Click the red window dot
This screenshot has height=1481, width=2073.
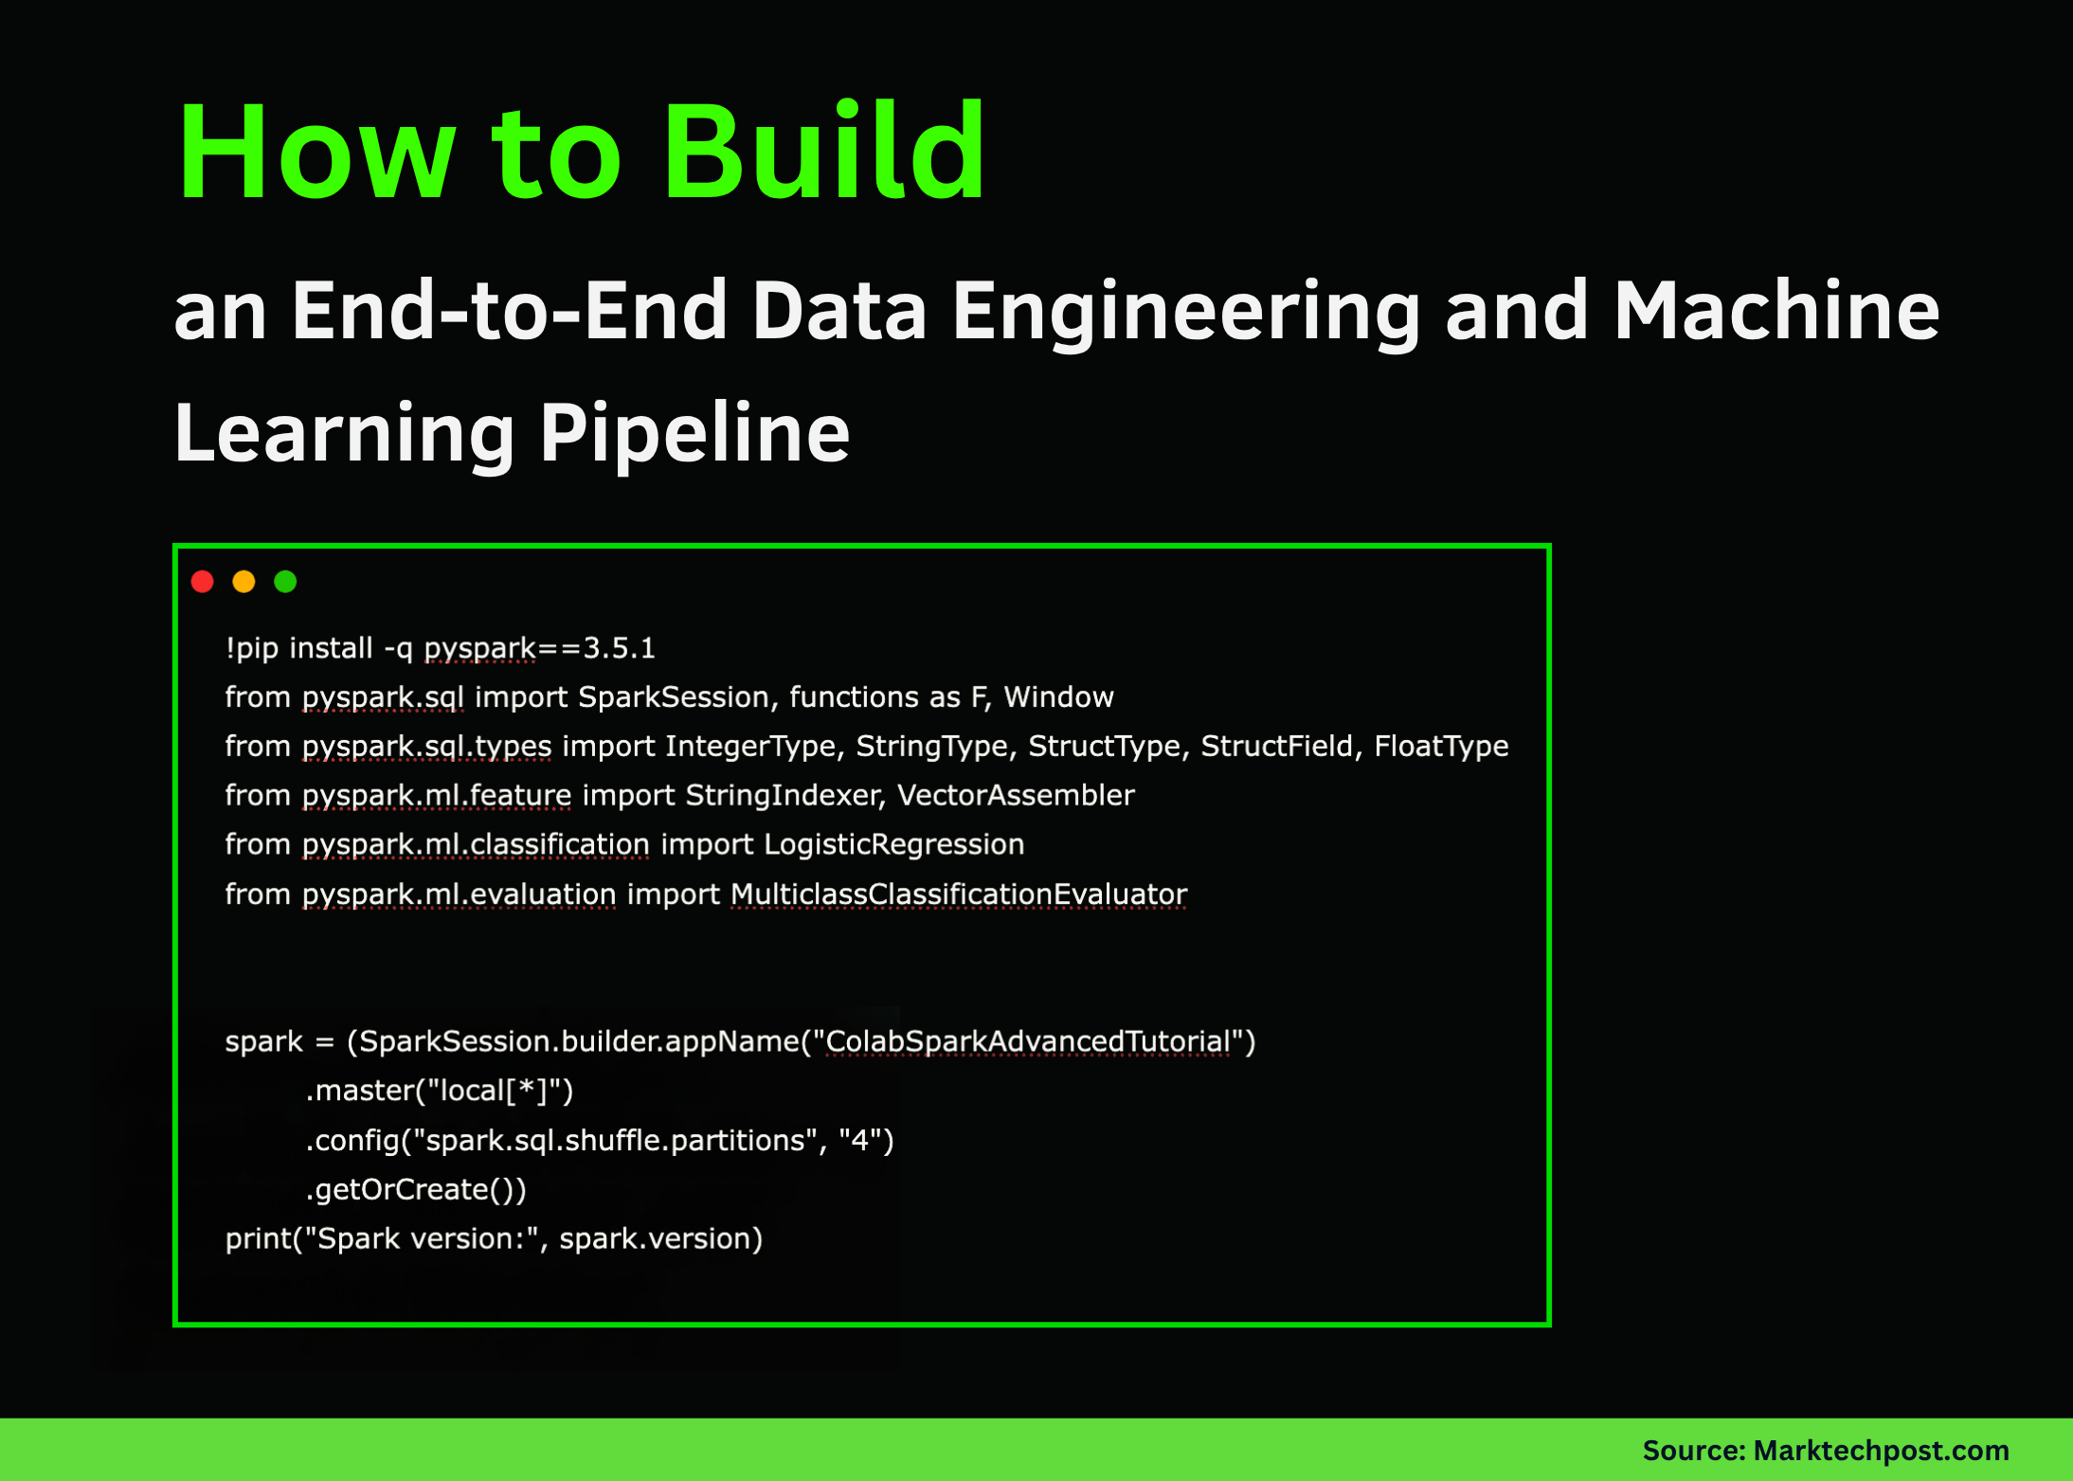tap(202, 582)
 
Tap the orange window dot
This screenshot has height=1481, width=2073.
tap(243, 582)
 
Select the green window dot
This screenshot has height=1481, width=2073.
tap(285, 582)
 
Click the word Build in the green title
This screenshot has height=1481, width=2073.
tap(823, 153)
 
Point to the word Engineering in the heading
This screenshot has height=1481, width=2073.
tap(1184, 313)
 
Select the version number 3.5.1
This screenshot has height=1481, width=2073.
tap(619, 648)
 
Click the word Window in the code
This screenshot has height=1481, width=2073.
tap(1058, 697)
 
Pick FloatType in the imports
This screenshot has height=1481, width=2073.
tap(1441, 747)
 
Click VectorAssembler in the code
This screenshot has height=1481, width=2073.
tap(1016, 796)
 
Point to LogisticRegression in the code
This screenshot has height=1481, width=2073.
tap(893, 844)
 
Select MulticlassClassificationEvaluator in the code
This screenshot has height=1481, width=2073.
tap(958, 894)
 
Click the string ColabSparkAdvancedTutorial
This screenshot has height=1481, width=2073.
tap(1028, 1042)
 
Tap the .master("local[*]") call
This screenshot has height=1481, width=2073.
tap(440, 1092)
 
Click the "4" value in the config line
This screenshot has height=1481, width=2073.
tap(859, 1141)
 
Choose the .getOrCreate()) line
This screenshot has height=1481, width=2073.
tap(416, 1190)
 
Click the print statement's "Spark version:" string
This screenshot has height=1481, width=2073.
tap(425, 1239)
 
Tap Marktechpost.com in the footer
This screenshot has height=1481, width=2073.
tap(1881, 1451)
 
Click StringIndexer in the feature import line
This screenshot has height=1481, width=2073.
tap(784, 796)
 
